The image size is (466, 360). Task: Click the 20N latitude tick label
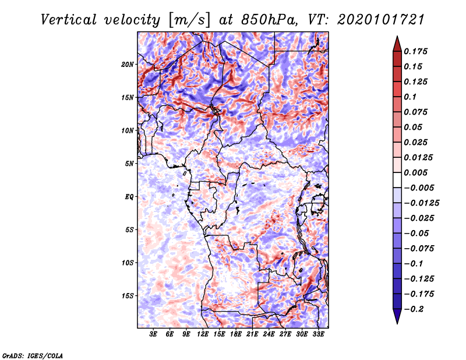pos(127,65)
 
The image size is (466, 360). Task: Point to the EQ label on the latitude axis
pos(129,197)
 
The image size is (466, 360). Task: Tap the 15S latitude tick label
pos(128,296)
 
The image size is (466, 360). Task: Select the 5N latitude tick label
pos(129,164)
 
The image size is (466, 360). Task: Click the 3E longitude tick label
pos(153,334)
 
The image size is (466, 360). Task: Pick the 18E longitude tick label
pos(235,334)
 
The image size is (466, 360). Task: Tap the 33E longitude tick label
pos(318,334)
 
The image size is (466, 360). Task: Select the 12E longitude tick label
pos(202,334)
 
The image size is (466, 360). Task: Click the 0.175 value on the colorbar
pos(415,51)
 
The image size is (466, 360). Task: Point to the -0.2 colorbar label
pos(414,309)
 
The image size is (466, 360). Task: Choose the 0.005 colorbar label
pos(415,172)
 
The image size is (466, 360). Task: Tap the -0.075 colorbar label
pos(419,249)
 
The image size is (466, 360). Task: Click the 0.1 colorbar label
pos(410,97)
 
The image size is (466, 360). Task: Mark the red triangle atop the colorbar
pos(397,44)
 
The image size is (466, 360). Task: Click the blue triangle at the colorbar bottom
pos(397,316)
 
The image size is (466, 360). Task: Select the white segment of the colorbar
pos(397,180)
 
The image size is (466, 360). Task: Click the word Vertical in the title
pos(69,20)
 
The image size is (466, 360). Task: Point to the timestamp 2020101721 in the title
pos(381,20)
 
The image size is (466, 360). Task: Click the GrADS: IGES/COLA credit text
pos(33,356)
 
